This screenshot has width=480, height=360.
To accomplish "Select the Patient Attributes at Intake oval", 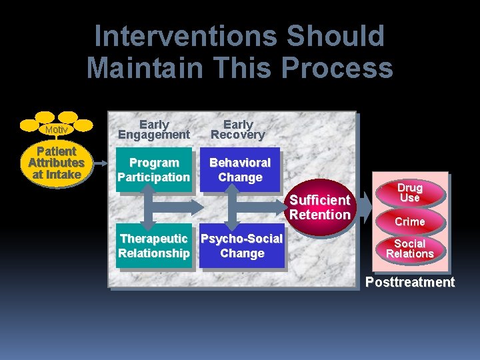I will pos(56,163).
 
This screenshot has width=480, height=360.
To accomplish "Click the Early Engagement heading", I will pos(154,129).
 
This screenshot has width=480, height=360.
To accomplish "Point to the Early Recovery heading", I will pos(238,129).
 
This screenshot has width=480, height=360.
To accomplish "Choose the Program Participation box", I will pos(154,170).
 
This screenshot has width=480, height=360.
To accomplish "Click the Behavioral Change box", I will pos(240,170).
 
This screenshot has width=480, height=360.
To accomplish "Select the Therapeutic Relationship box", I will pos(154,246).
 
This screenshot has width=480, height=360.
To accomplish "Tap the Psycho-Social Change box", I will pos(242,246).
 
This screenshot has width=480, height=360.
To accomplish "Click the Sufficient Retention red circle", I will pos(320,207).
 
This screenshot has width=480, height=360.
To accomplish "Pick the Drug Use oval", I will pos(409,193).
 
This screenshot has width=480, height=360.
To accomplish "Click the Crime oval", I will pos(409,221).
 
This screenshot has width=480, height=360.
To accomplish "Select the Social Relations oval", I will pos(409,249).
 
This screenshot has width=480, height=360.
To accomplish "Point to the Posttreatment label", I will pos(409,282).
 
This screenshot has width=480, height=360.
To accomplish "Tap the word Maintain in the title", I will pos(146,68).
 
